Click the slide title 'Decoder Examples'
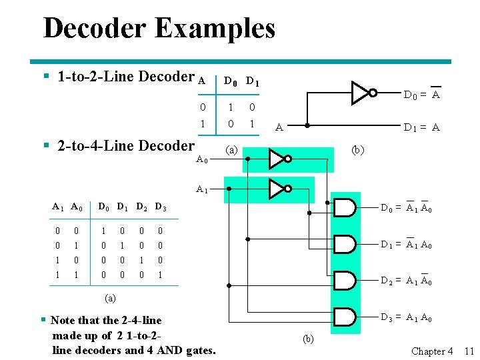[x=159, y=29]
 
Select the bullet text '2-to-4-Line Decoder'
[x=126, y=145]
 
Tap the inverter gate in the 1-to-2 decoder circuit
[x=363, y=93]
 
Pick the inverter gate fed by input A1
[x=279, y=188]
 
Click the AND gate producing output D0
[x=345, y=208]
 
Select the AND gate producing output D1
[x=345, y=245]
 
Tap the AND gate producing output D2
[x=345, y=281]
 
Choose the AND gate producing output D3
[x=345, y=318]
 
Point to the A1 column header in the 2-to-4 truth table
[x=59, y=207]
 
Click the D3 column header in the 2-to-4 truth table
[x=161, y=207]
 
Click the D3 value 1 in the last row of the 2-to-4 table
[x=160, y=275]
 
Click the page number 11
[x=469, y=351]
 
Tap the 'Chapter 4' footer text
[x=432, y=351]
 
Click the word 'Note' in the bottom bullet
[x=63, y=321]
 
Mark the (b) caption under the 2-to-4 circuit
[x=308, y=339]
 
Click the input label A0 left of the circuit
[x=202, y=159]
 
